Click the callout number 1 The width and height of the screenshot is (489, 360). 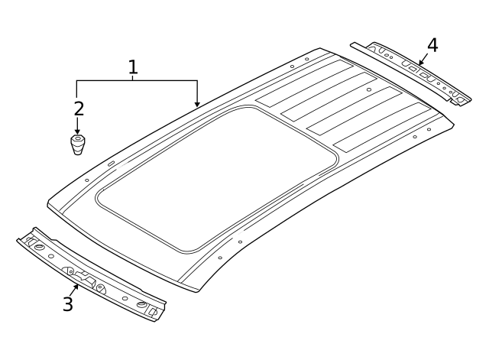click(133, 66)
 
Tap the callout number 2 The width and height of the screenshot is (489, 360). click(79, 109)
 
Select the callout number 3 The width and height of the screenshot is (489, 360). click(68, 304)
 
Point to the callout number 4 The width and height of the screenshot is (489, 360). click(432, 45)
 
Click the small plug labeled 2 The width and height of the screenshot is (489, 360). click(78, 144)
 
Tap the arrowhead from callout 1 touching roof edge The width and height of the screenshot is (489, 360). click(197, 105)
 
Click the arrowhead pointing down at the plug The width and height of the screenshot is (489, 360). click(78, 131)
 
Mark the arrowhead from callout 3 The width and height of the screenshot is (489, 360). click(76, 287)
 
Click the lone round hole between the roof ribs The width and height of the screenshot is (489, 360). click(369, 89)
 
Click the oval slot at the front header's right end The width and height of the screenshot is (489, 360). click(142, 305)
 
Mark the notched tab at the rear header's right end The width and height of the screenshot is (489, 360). click(459, 98)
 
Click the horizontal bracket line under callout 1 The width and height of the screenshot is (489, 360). click(136, 80)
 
